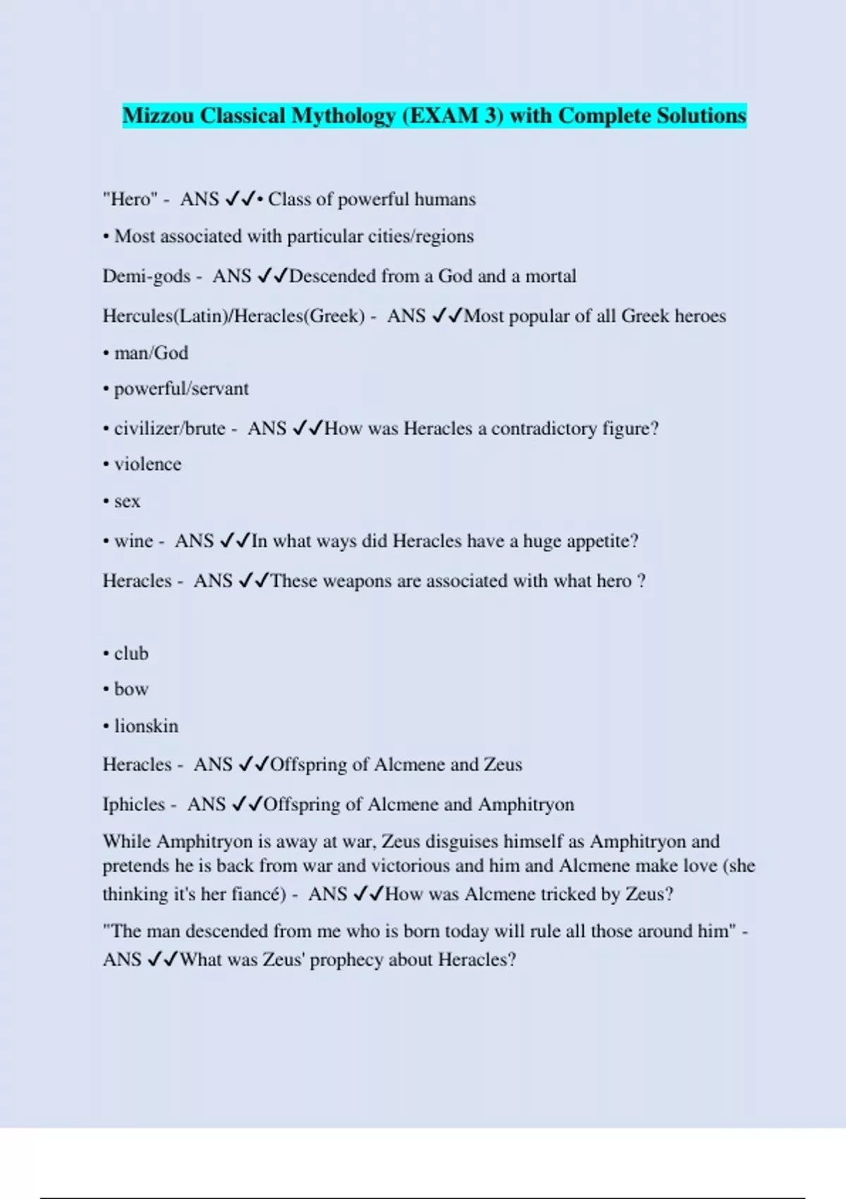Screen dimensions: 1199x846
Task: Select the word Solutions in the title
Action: coord(701,116)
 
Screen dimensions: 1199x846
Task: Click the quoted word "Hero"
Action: coord(130,200)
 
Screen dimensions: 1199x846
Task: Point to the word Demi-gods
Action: coord(147,276)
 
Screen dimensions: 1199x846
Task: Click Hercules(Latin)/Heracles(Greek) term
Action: coord(233,316)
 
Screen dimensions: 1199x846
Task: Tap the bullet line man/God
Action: coord(151,353)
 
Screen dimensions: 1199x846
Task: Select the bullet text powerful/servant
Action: coord(181,389)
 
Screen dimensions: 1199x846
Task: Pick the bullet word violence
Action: coord(147,464)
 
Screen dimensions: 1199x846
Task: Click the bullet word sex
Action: coord(127,501)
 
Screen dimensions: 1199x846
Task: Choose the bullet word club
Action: coord(131,654)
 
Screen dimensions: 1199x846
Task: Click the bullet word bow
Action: coord(131,689)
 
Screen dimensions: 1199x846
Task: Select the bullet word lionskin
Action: coord(146,726)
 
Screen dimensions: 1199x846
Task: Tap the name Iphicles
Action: coord(134,805)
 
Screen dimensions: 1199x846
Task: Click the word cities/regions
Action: coord(421,236)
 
